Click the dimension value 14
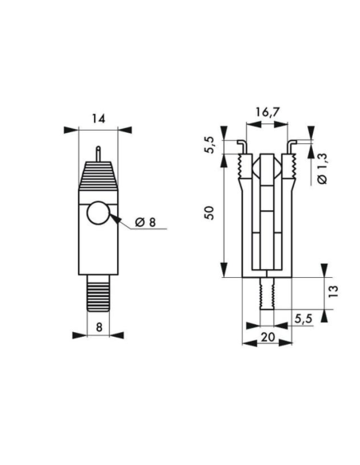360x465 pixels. [x=98, y=119]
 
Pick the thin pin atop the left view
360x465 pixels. [x=97, y=152]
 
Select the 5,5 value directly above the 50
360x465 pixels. [x=209, y=147]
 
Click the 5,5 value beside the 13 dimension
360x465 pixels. [x=302, y=318]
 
